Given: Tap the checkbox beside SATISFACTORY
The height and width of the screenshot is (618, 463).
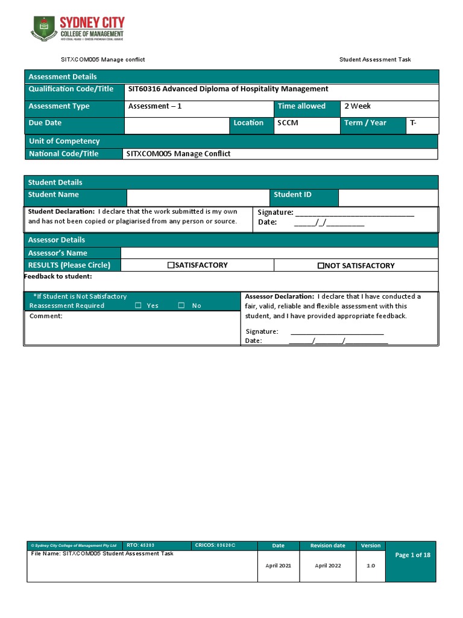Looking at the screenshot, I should coord(171,266).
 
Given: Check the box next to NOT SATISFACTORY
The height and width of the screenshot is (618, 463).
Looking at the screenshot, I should coord(321,266).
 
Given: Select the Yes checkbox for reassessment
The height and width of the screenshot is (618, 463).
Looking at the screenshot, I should coord(138,305).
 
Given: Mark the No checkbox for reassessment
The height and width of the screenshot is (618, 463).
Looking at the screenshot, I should coord(181,305).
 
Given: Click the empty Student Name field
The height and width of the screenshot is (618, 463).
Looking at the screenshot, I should coord(197,197).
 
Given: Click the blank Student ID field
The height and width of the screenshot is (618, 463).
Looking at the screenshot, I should coord(388,197).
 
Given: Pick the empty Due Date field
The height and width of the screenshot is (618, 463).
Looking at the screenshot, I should coord(177,125).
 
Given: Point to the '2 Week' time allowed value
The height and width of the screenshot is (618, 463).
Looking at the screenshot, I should coord(357,106).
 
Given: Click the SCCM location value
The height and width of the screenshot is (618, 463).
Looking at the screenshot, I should coord(288,123).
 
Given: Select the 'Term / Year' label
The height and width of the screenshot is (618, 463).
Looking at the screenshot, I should coord(365,123).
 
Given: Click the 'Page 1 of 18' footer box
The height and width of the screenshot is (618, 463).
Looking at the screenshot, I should coord(412,555).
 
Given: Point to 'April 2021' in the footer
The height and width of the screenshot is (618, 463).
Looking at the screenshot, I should coord(278,566).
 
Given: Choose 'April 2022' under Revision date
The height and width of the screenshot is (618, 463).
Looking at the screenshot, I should coord(327,566).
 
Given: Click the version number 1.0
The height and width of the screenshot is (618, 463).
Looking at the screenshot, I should coord(370,566).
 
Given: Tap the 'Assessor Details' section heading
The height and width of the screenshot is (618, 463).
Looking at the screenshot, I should coord(56,240).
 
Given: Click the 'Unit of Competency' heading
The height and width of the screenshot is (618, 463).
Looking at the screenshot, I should coord(64,141).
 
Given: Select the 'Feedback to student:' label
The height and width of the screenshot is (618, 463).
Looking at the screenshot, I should coord(58,276).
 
